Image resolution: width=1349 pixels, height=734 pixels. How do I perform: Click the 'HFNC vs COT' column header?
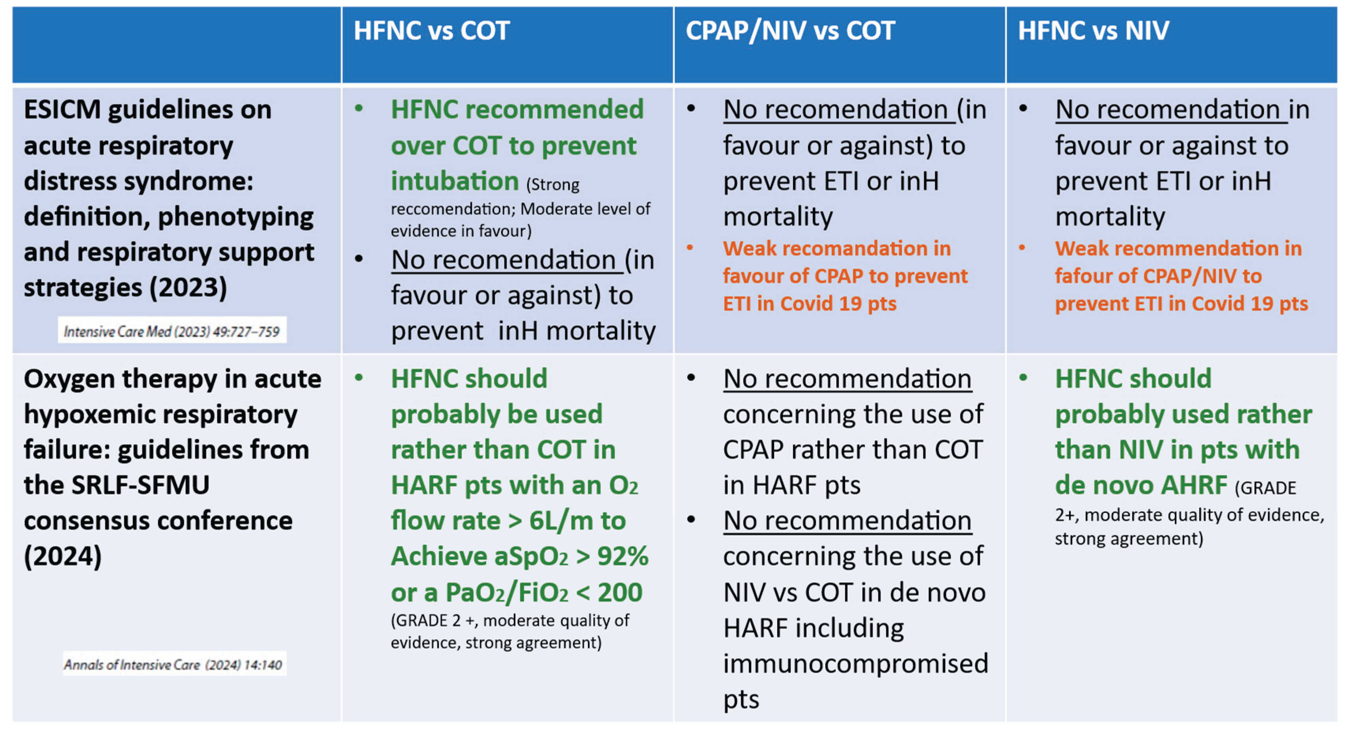[431, 30]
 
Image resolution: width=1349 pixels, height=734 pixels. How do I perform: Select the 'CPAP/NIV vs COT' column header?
[790, 30]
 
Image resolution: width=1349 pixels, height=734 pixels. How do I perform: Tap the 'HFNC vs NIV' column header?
[1093, 30]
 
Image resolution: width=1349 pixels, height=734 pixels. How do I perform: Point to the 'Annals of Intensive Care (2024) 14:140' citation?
[173, 664]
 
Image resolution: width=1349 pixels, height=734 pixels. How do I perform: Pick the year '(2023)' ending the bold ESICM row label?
[188, 288]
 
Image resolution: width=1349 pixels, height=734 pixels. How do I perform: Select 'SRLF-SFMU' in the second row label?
[140, 485]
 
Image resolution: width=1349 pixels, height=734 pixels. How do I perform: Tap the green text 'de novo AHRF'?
[1140, 485]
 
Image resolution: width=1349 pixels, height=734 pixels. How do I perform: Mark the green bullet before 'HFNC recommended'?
[359, 109]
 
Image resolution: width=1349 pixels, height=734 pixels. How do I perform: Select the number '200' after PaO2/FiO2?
[619, 592]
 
